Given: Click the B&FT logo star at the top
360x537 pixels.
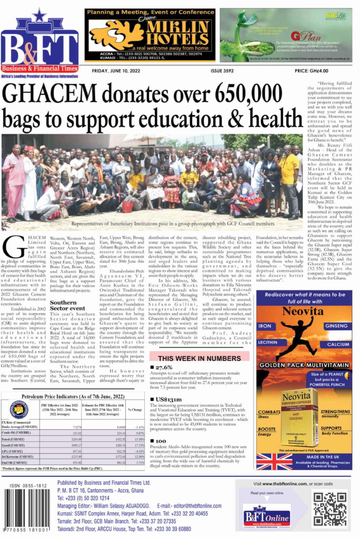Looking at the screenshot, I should [x=40, y=15].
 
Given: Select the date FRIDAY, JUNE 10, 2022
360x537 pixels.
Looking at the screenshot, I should [x=116, y=71].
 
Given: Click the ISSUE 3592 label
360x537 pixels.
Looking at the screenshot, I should [x=222, y=71].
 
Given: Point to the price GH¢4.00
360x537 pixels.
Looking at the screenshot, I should [x=311, y=71].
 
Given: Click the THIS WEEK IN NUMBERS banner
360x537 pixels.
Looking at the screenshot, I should [x=199, y=358].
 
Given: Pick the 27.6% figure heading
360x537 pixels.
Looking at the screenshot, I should [x=164, y=367].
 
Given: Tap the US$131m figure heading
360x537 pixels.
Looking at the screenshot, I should [x=168, y=399].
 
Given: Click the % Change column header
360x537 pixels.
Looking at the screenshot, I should [x=135, y=410].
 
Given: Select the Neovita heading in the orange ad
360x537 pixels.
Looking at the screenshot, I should [x=303, y=311].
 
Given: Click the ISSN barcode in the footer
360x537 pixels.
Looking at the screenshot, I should [x=26, y=510].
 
